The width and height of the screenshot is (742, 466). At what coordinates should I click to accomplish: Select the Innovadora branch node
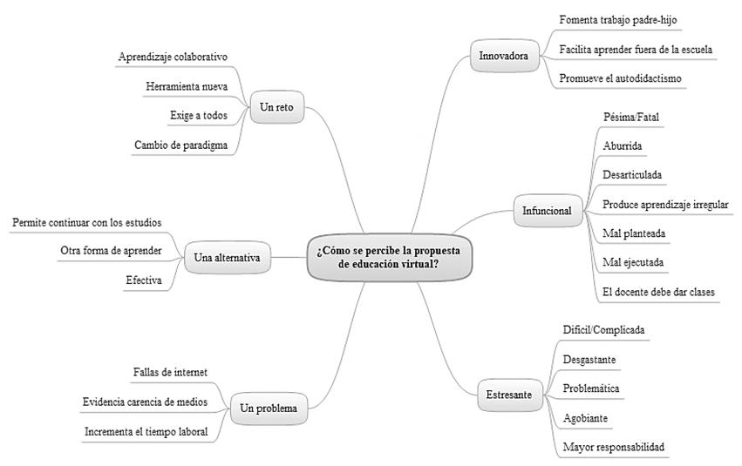pyautogui.click(x=503, y=56)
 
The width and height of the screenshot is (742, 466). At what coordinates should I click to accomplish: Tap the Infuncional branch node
pyautogui.click(x=547, y=210)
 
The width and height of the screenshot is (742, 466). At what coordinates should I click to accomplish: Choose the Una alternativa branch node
pyautogui.click(x=228, y=258)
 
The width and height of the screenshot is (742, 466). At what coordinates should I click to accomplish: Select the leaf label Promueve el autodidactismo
pyautogui.click(x=622, y=78)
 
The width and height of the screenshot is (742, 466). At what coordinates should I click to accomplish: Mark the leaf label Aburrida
pyautogui.click(x=623, y=145)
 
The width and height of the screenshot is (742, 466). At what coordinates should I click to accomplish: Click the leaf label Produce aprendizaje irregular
pyautogui.click(x=665, y=204)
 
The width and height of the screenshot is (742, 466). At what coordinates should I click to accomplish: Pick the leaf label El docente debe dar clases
pyautogui.click(x=658, y=292)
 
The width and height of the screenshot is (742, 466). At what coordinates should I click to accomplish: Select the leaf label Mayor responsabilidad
pyautogui.click(x=613, y=447)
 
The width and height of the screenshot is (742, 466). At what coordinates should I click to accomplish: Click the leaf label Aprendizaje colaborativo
pyautogui.click(x=173, y=57)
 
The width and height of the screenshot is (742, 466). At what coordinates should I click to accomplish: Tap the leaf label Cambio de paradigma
pyautogui.click(x=181, y=145)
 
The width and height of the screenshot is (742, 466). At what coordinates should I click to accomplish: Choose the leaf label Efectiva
pyautogui.click(x=144, y=280)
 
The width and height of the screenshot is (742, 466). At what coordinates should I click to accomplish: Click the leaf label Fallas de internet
pyautogui.click(x=170, y=373)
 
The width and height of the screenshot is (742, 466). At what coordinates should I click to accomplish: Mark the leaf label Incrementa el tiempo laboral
pyautogui.click(x=146, y=431)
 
